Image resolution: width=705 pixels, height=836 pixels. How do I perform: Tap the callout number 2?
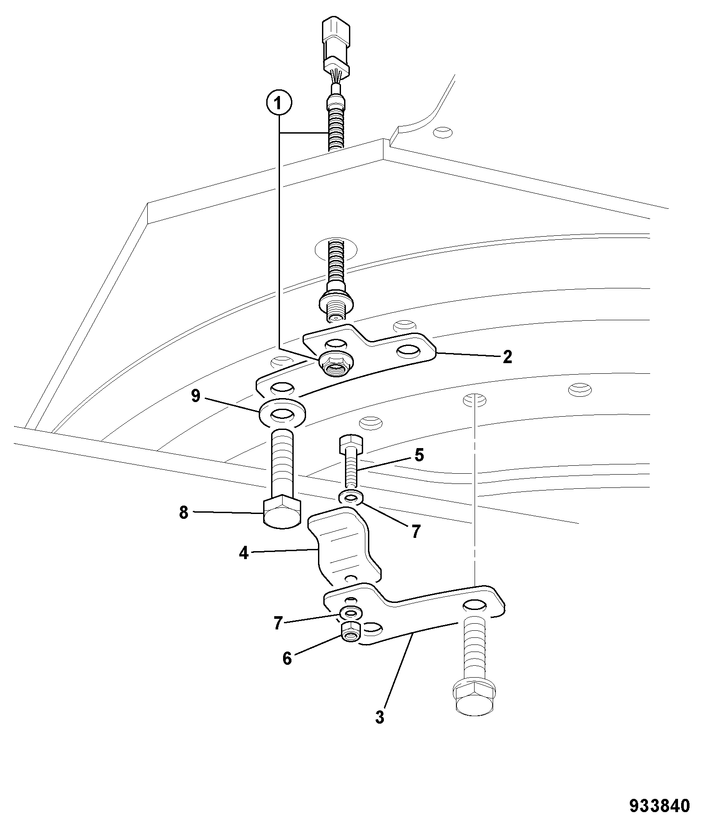507,357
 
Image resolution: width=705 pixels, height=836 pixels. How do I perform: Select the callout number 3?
379,717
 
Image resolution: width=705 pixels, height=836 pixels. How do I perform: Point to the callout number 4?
244,553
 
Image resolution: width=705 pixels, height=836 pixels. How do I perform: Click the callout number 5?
419,455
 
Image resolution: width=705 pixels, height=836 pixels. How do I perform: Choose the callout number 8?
184,513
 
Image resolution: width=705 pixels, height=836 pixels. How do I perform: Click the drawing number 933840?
659,805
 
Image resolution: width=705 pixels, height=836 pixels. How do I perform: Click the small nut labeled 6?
351,632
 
